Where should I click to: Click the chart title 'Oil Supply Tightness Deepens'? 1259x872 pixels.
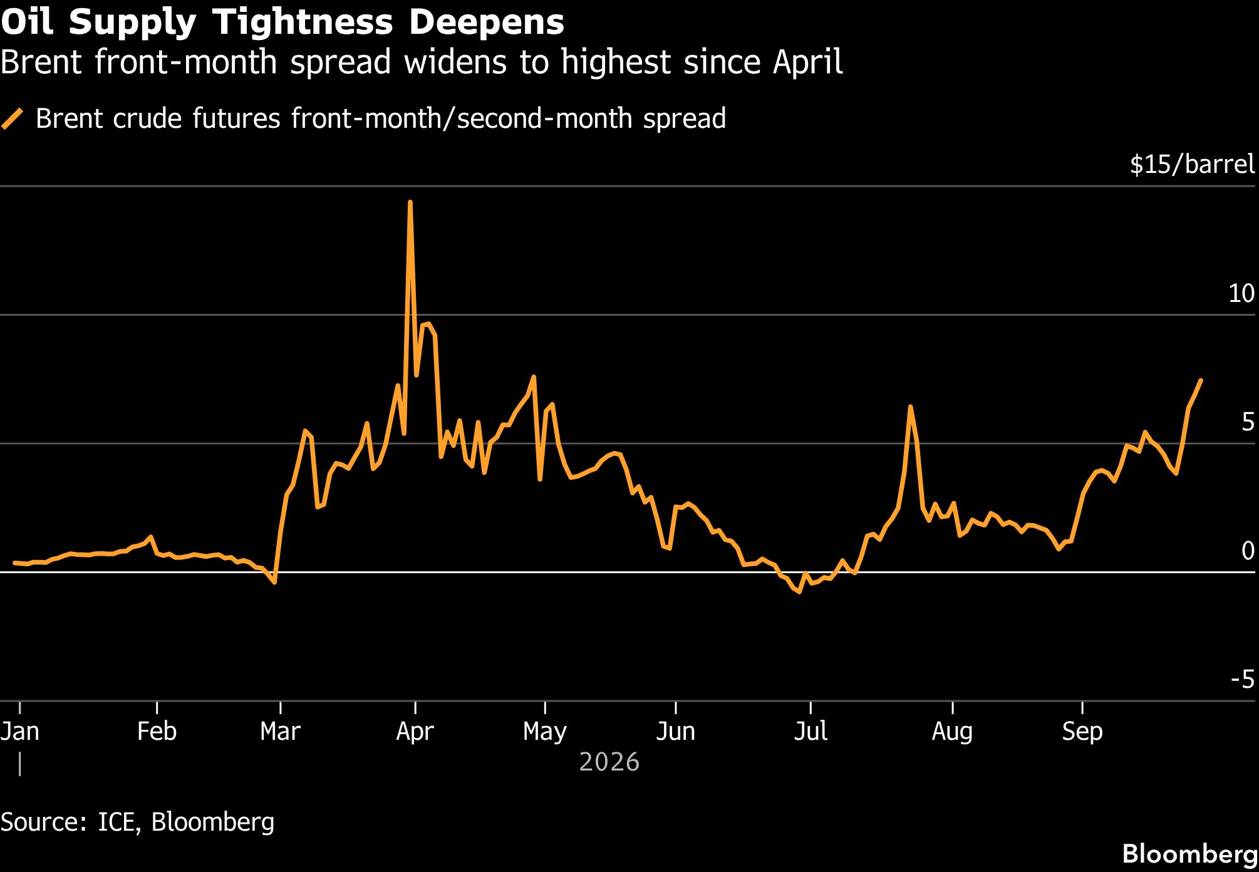coord(282,23)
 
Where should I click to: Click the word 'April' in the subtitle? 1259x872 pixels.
coord(807,63)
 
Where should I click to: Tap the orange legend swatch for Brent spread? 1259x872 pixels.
coord(13,119)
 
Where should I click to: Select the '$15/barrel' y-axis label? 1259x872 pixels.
coord(1192,164)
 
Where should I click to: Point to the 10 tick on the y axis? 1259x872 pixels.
coord(1241,293)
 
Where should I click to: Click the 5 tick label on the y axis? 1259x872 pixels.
coord(1248,422)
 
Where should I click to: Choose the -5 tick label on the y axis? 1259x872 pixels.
coord(1243,679)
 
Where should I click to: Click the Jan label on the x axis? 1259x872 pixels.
coord(20,731)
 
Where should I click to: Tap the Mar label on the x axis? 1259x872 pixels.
coord(280,731)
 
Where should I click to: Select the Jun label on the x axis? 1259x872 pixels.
coord(675,731)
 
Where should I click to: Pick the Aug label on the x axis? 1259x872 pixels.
coord(952,731)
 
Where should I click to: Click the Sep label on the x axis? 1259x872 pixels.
coord(1082,731)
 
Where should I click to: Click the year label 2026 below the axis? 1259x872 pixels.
coord(609,762)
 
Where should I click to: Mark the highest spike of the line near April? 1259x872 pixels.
coord(410,202)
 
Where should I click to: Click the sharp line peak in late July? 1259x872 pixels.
coord(910,407)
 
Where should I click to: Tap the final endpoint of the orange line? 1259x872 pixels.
coord(1200,380)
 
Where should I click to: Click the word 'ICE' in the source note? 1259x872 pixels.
coord(117,821)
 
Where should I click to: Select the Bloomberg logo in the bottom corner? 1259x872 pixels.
coord(1189,854)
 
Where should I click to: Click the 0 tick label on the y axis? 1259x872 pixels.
coord(1248,551)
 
